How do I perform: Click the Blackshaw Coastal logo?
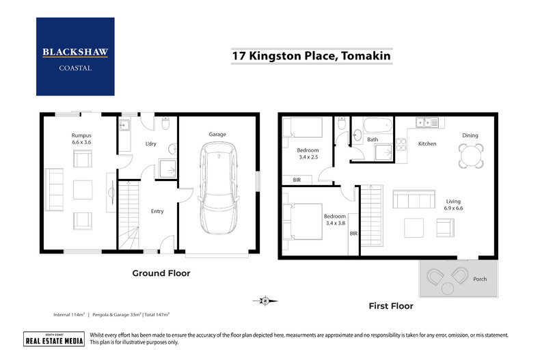point(75,56)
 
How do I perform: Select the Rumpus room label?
point(81,139)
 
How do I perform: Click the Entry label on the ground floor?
point(157,211)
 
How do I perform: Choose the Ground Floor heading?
point(161,273)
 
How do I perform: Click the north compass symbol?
point(265,299)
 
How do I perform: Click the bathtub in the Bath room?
point(378,126)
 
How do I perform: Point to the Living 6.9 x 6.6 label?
point(454,205)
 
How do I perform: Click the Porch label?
point(480,279)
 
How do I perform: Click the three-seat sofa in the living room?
point(413,199)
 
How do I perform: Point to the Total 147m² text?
point(154,314)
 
